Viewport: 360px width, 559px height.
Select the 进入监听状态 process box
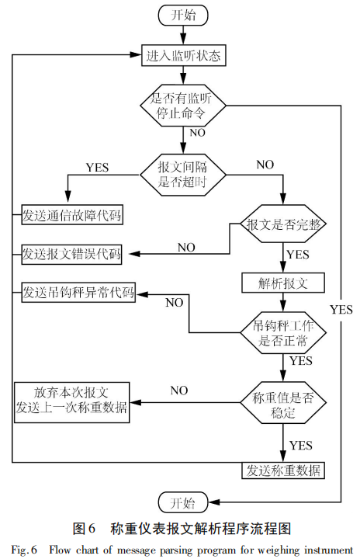[x=182, y=56]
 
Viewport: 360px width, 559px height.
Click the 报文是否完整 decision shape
[x=282, y=224]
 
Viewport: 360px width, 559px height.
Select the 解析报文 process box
[x=282, y=283]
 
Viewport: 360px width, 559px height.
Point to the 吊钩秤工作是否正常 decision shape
[x=282, y=331]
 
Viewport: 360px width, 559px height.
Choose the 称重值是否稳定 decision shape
[x=282, y=404]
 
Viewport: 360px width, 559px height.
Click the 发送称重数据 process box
[x=282, y=470]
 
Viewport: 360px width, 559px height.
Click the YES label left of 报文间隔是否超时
[x=97, y=167]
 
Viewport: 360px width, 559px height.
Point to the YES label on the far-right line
[x=341, y=309]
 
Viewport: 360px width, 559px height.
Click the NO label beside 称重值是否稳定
[x=180, y=390]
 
